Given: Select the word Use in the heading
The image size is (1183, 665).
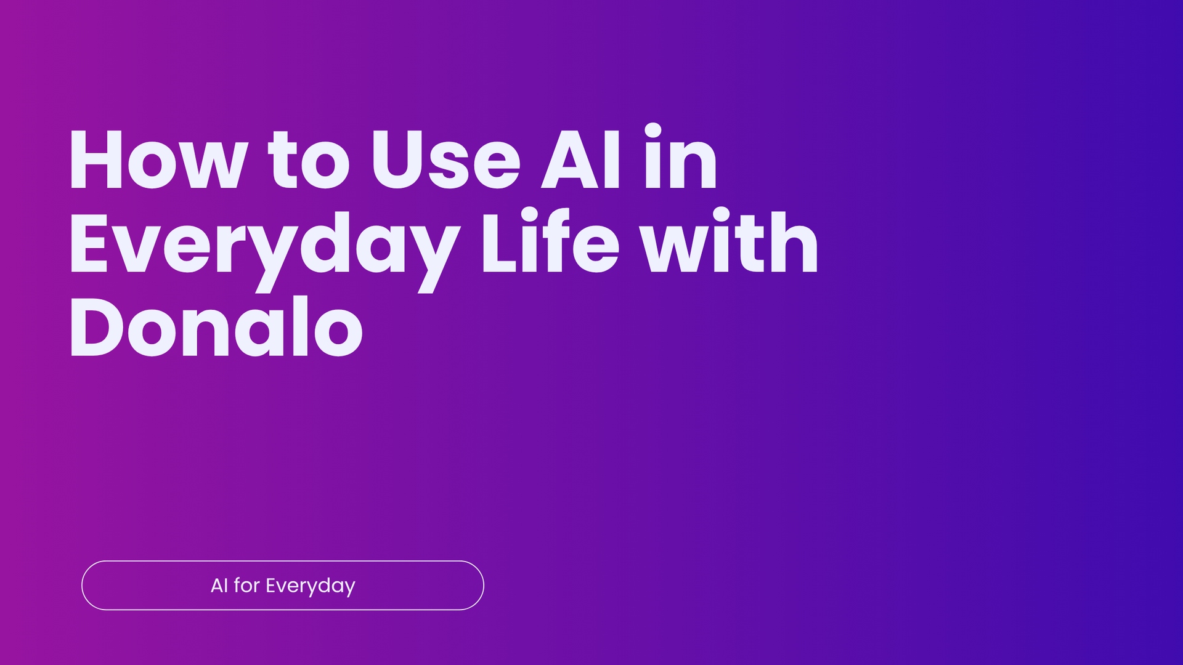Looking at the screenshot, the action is [x=445, y=159].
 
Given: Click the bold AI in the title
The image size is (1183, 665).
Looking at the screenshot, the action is [x=580, y=159].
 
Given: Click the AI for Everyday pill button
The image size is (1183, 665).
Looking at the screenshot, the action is [x=283, y=586].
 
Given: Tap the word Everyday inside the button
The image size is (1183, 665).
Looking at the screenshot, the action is [x=311, y=586].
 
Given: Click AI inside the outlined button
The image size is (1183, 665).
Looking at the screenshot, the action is [x=219, y=585].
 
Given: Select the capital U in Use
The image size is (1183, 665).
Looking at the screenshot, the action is [x=398, y=159].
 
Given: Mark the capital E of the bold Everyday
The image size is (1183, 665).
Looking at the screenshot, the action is [x=89, y=243].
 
